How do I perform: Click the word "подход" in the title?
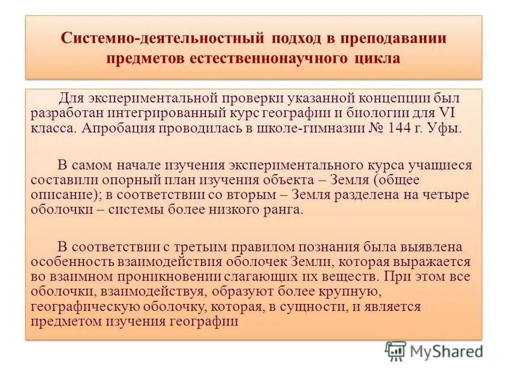click(x=297, y=37)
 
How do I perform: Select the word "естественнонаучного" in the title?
click(x=267, y=59)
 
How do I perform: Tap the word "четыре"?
click(x=443, y=194)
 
